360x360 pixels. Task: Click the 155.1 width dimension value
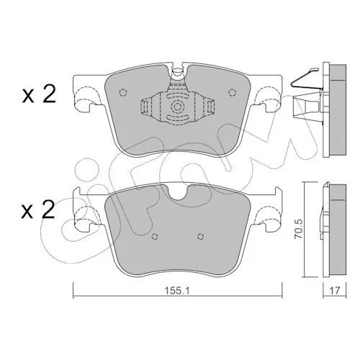coord(177,291)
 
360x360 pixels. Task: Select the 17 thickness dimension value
coord(335,291)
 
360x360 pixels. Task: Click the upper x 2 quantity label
coord(39,94)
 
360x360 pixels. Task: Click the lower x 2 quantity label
coord(38,210)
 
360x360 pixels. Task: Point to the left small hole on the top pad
coord(122,92)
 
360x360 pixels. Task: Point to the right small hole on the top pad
coord(233,92)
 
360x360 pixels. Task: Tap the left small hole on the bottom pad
coord(155,237)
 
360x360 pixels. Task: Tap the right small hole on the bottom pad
coord(200,237)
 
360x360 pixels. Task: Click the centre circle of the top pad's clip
coord(178,107)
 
